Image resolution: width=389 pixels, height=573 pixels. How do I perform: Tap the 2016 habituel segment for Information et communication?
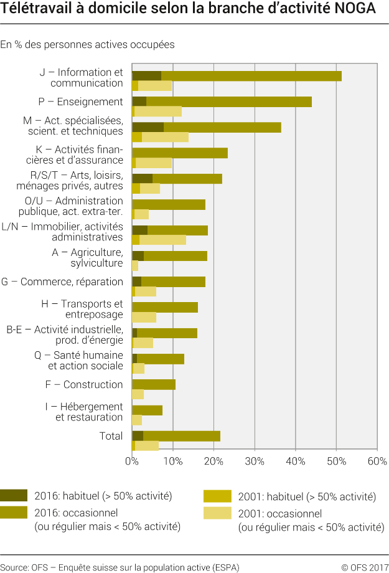point(146,76)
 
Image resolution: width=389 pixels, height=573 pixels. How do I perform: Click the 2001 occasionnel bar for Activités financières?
point(154,163)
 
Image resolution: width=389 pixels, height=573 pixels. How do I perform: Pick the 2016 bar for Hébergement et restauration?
point(148,410)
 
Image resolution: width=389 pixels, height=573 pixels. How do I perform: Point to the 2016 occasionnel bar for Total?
point(181,435)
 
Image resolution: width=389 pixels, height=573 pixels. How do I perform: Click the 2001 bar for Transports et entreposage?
point(144,317)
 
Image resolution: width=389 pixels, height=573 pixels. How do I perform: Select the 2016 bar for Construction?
point(154,384)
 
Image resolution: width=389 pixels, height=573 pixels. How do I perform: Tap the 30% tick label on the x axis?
point(255,462)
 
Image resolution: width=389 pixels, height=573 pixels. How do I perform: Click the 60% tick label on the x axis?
point(377,462)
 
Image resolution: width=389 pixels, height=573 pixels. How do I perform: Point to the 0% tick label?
point(132,462)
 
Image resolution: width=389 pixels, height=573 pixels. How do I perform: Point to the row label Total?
point(111,436)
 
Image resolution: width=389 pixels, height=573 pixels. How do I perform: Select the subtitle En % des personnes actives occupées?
point(87,44)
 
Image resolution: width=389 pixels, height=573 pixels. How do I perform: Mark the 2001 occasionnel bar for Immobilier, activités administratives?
point(162,240)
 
